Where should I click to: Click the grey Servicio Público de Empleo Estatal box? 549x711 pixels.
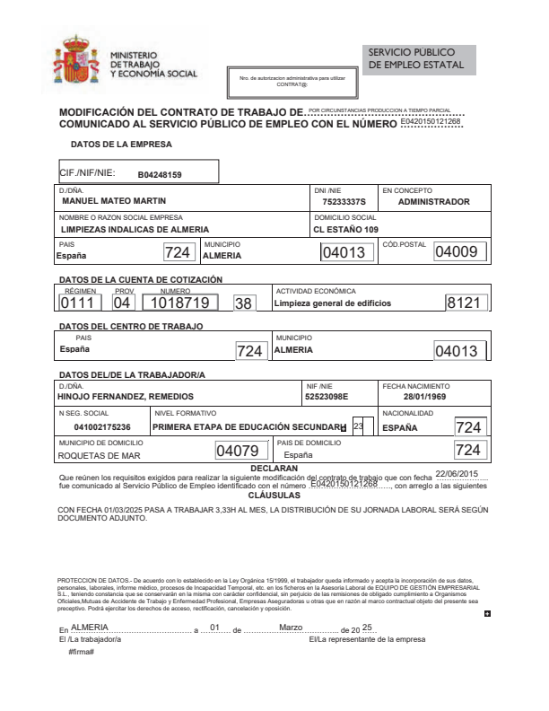point(419,60)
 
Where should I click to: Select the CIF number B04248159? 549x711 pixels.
point(160,174)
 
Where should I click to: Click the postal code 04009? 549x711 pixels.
point(455,252)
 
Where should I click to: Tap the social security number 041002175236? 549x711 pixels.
point(102,426)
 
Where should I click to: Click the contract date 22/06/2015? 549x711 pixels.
point(457,473)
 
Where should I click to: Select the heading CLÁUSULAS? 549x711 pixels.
point(274,495)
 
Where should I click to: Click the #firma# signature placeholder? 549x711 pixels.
point(82,650)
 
